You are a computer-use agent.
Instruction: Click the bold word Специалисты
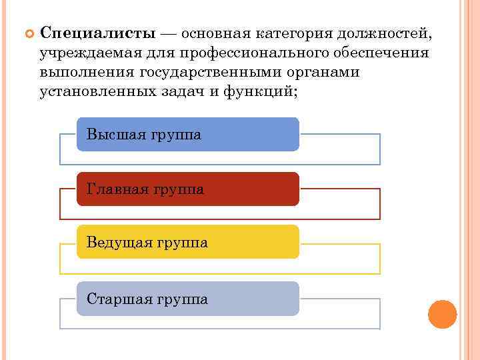click(99, 33)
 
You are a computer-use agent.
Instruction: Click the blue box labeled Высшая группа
click(188, 135)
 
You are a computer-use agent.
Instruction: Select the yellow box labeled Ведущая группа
click(188, 242)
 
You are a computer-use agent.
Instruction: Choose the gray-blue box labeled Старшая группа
click(188, 298)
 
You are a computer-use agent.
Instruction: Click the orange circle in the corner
click(442, 314)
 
